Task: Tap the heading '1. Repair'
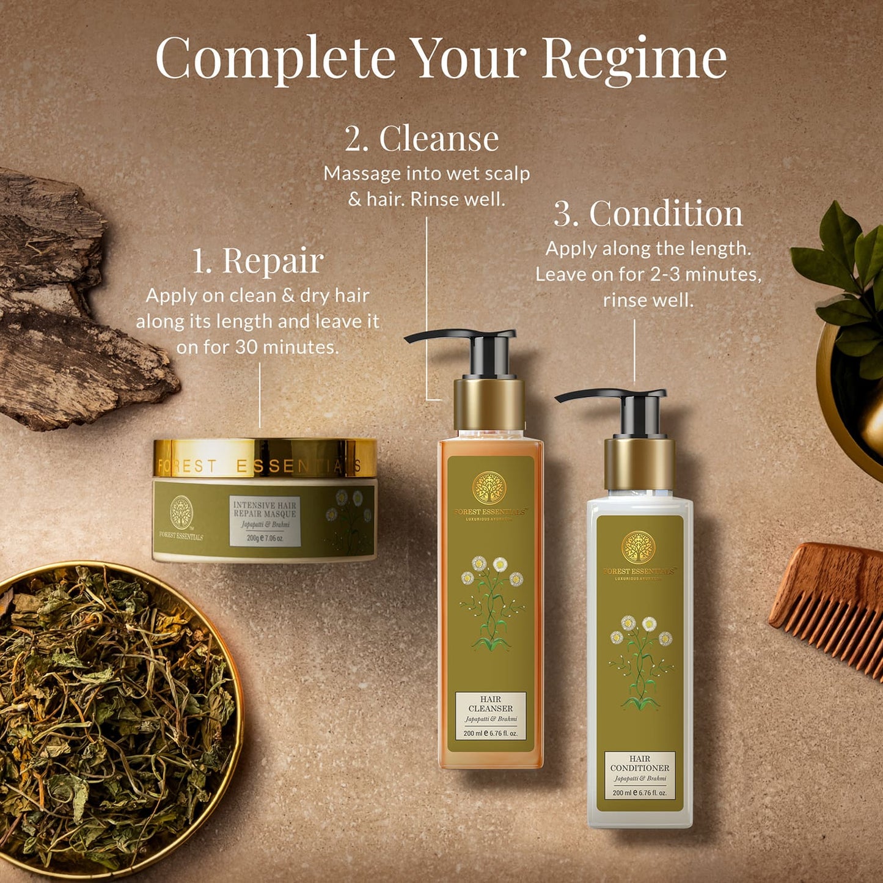click(x=257, y=261)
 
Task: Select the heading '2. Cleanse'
click(x=421, y=139)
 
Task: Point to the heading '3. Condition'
click(x=648, y=214)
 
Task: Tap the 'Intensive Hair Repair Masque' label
click(x=265, y=521)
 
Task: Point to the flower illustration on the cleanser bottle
click(x=492, y=602)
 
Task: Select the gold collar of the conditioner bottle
click(x=639, y=463)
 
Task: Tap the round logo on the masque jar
click(x=181, y=512)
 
